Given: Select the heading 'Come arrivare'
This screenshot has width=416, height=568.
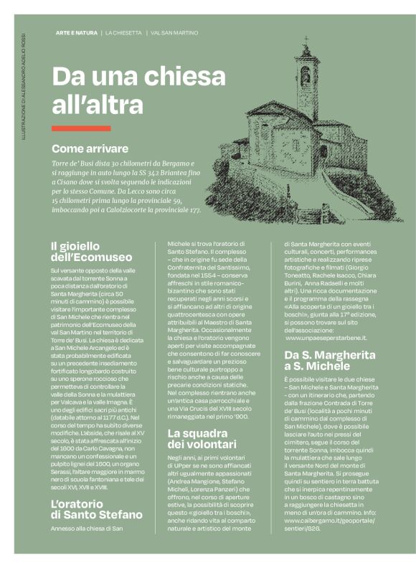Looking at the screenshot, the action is click(x=90, y=148).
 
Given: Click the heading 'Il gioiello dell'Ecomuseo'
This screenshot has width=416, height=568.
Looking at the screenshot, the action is click(x=91, y=252).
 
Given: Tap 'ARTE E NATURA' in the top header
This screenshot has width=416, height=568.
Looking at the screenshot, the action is click(x=76, y=33).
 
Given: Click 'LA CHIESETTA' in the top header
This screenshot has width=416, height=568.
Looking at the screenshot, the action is click(x=123, y=33).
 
